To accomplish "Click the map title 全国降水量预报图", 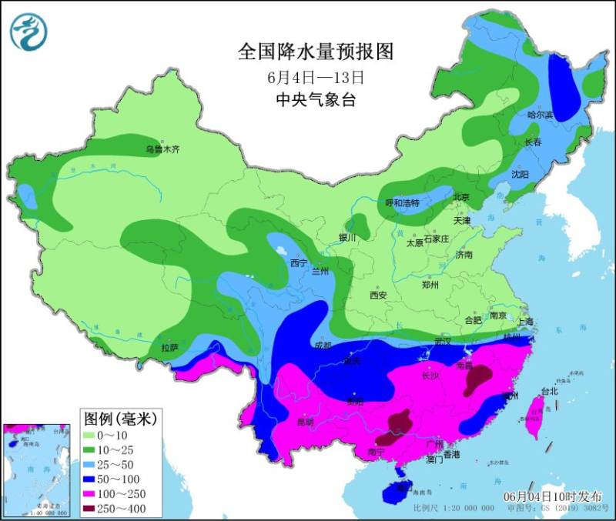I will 316,52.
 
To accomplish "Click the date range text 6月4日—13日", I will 315,77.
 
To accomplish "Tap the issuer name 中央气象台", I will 316,100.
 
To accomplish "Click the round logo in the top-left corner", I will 29,31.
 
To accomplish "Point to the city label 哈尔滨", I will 541,114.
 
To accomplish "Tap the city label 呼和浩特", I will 402,203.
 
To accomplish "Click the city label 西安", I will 377,295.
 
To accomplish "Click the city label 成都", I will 323,345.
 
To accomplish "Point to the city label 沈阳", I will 521,175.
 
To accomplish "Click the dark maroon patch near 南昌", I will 479,378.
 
